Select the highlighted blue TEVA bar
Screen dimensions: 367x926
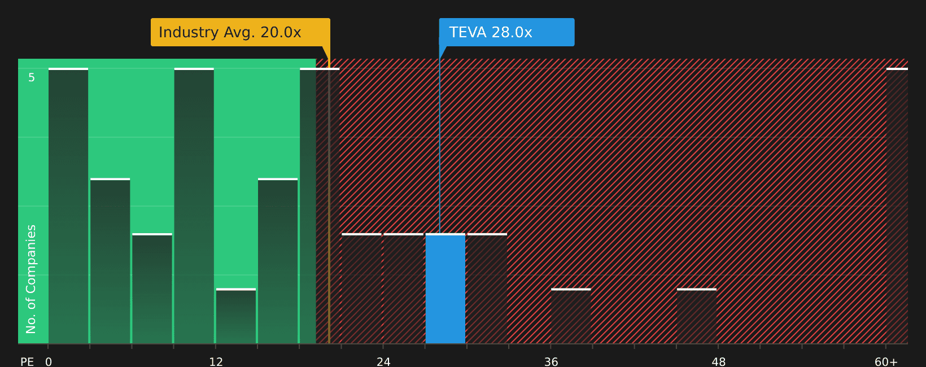pos(445,289)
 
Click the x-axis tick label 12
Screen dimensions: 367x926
pos(216,362)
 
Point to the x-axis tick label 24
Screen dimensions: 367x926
pos(383,362)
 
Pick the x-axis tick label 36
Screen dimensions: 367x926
pos(551,362)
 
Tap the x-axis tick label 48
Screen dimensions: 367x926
pos(718,362)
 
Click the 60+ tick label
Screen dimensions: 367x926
pos(886,362)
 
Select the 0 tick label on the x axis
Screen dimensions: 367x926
pos(49,362)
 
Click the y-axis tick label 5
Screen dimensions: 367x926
pos(32,77)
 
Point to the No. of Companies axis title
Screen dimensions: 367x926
pos(31,279)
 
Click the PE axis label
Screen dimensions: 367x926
pos(27,362)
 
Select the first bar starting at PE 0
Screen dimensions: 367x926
pos(68,206)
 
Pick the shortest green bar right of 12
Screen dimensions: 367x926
pos(236,316)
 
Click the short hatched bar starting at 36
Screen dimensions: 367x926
pos(571,316)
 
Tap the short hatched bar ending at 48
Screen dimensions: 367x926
pos(697,316)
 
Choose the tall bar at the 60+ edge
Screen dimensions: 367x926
pos(897,206)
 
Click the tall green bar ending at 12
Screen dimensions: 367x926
pos(194,206)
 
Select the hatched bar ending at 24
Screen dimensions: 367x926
pos(361,289)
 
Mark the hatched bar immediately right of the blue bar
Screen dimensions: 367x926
pos(487,289)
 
